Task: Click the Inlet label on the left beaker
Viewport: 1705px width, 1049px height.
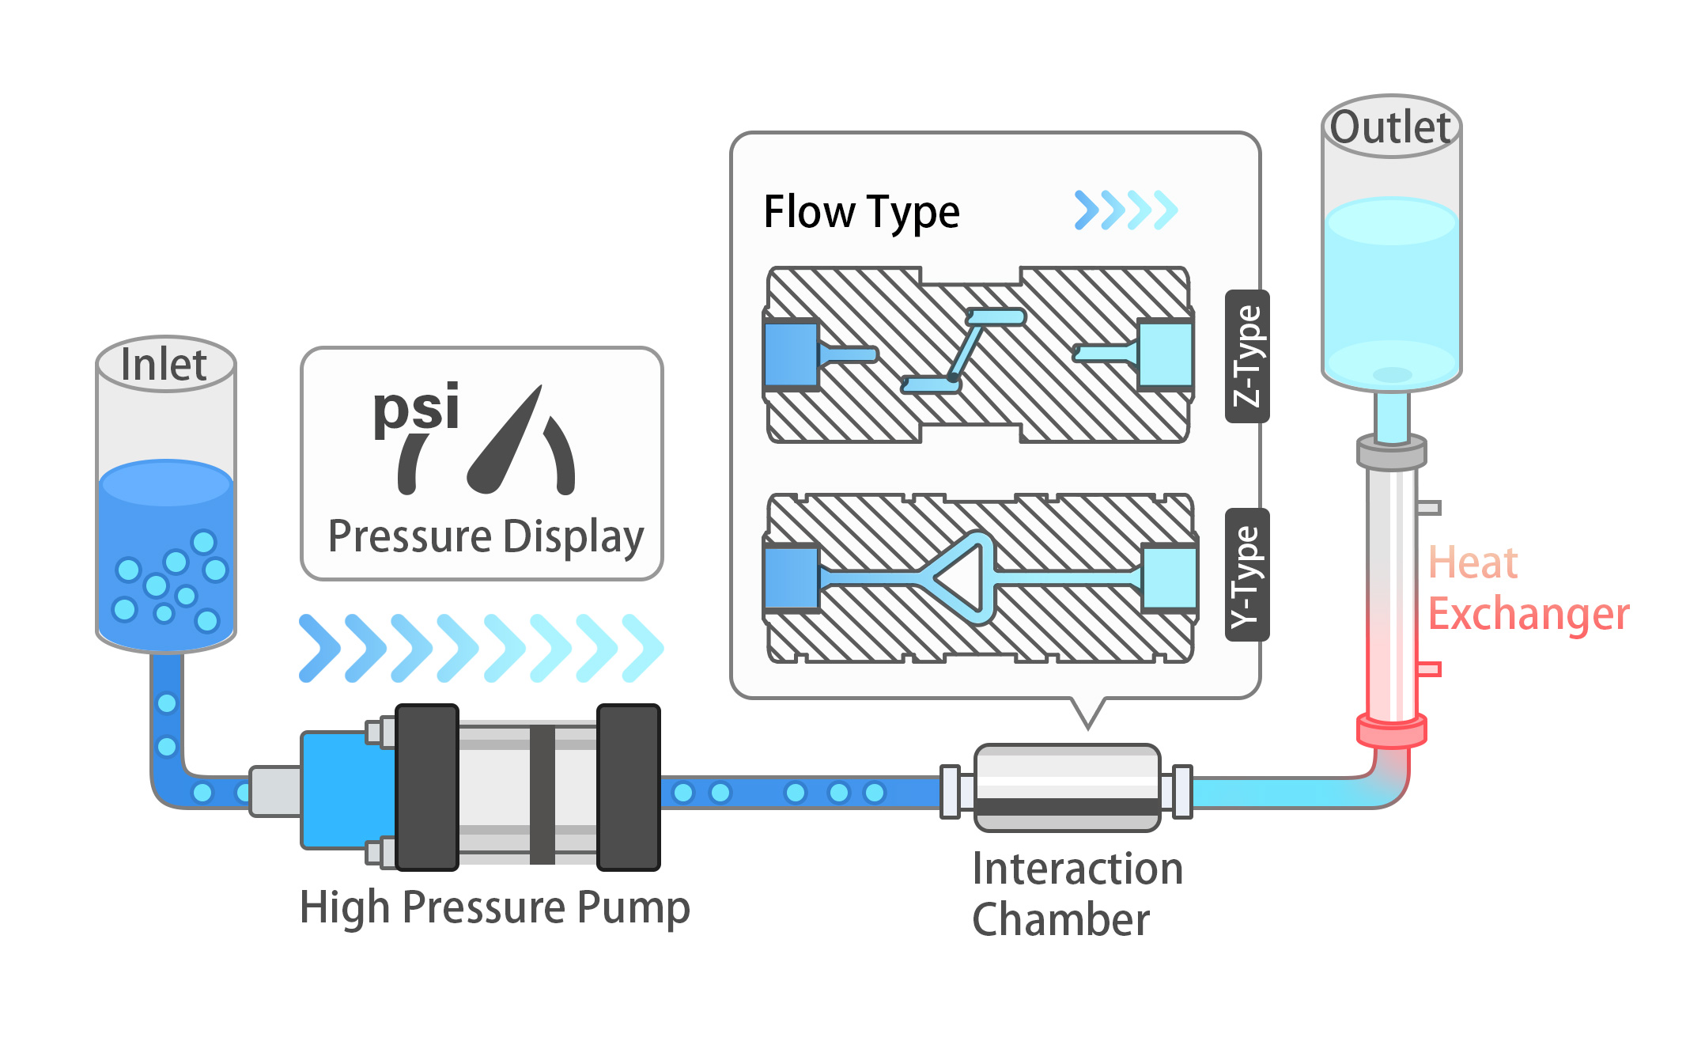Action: (x=164, y=365)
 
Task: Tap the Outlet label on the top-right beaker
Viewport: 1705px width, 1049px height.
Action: (x=1390, y=127)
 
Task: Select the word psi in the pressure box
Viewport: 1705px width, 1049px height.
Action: (x=416, y=408)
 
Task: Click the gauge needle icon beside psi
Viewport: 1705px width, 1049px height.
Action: (x=506, y=444)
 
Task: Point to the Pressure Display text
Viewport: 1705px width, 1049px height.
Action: (x=486, y=537)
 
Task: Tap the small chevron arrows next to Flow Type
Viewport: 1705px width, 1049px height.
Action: (x=1126, y=210)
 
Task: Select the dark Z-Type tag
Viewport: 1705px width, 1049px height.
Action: (x=1247, y=356)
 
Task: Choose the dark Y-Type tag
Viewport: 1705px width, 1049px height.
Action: (x=1247, y=574)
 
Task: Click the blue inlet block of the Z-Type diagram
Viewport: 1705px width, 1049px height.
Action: (x=792, y=354)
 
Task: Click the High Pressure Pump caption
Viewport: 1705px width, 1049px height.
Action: (x=495, y=907)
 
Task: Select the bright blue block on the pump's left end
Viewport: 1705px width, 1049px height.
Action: (x=348, y=790)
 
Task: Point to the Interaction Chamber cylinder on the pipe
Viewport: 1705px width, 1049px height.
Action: (x=1068, y=787)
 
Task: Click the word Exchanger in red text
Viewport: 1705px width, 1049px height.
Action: (x=1528, y=615)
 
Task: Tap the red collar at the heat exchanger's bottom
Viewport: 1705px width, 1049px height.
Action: (x=1391, y=730)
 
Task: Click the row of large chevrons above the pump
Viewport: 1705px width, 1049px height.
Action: (x=481, y=648)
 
